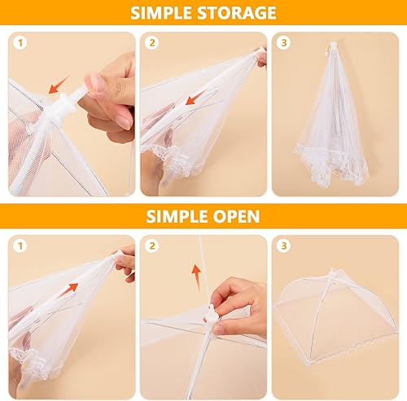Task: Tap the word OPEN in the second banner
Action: tap(236, 216)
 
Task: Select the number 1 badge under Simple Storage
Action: tap(20, 42)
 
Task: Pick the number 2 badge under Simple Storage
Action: tap(152, 42)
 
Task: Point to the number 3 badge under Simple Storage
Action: tap(284, 42)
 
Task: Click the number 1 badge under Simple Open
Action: tap(20, 246)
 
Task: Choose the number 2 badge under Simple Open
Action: tap(152, 246)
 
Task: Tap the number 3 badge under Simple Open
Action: tap(284, 246)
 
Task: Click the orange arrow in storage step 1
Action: tap(59, 85)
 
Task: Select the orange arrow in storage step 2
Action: tap(195, 98)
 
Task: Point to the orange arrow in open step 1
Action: tap(68, 290)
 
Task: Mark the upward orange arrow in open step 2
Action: tap(197, 277)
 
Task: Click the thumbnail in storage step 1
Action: tap(94, 82)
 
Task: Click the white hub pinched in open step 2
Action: tap(211, 315)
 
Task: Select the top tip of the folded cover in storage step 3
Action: tap(333, 43)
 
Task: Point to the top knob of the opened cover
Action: tap(332, 271)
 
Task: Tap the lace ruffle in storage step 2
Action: tap(173, 160)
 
